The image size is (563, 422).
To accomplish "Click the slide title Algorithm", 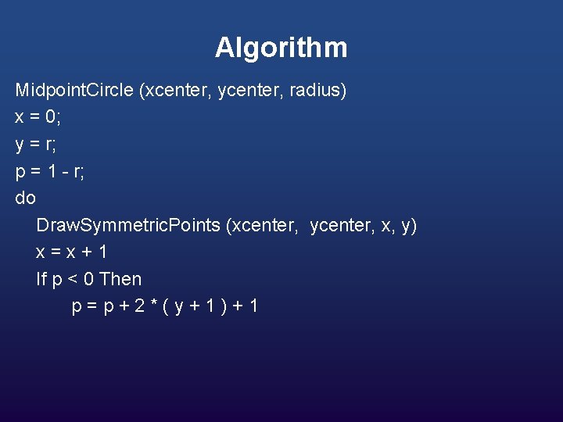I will coord(281,48).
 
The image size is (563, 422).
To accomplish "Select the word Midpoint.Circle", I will coord(74,91).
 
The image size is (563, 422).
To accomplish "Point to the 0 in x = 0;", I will coord(51,117).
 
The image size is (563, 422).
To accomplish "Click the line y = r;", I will coord(36,145).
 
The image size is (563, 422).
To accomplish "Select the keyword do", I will coord(26,198).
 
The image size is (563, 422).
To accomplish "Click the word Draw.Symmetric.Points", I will coord(128,226).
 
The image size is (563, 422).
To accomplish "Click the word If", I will coord(41,279).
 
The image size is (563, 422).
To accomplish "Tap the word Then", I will coord(121,279).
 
